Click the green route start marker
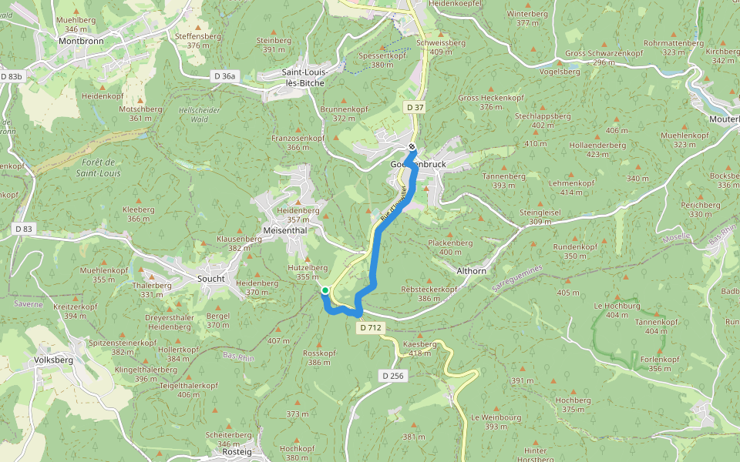click(325, 290)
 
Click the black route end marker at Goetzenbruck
click(412, 148)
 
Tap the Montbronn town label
click(81, 40)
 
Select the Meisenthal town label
click(284, 229)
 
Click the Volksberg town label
click(54, 360)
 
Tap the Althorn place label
click(472, 271)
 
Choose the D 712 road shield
click(370, 327)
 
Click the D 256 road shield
click(392, 376)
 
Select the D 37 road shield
click(415, 106)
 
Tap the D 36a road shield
click(224, 75)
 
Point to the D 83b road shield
click(12, 76)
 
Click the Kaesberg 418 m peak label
click(420, 348)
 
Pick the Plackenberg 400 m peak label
click(450, 247)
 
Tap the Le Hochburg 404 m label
click(617, 310)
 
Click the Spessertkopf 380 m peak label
click(377, 60)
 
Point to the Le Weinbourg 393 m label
click(496, 421)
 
